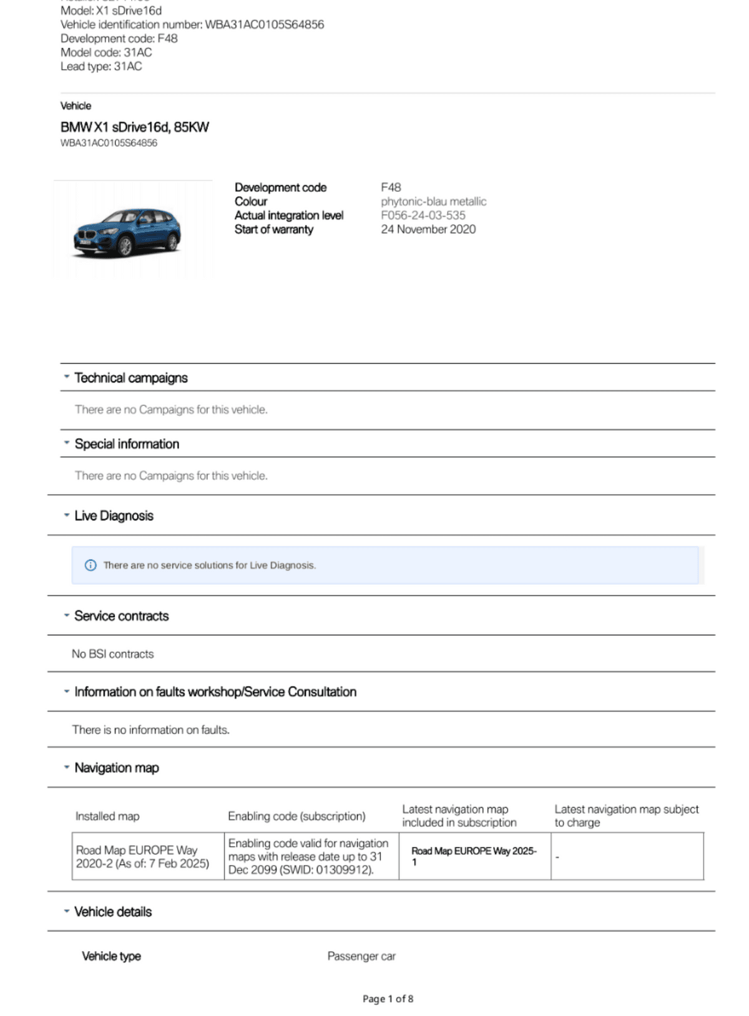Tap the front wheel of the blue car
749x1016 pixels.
click(x=125, y=247)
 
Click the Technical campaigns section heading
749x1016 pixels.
click(x=131, y=378)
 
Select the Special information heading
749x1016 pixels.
click(x=127, y=444)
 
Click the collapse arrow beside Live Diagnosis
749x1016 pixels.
click(x=66, y=515)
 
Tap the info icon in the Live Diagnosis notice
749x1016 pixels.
click(x=91, y=565)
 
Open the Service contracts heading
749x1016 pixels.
click(x=122, y=616)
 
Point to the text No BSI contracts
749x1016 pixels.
click(x=112, y=654)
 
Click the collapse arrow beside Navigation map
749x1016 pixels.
click(x=66, y=768)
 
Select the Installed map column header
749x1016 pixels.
click(x=107, y=816)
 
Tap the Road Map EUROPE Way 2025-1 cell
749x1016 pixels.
click(x=474, y=856)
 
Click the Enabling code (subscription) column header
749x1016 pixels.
click(x=296, y=816)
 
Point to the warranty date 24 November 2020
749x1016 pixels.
click(x=428, y=229)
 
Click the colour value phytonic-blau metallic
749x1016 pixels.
click(x=433, y=202)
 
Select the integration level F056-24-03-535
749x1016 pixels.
click(x=423, y=215)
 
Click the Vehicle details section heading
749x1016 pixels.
click(x=113, y=912)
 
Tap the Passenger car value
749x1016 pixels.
click(x=361, y=956)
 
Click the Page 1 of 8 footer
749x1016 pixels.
click(x=388, y=999)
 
